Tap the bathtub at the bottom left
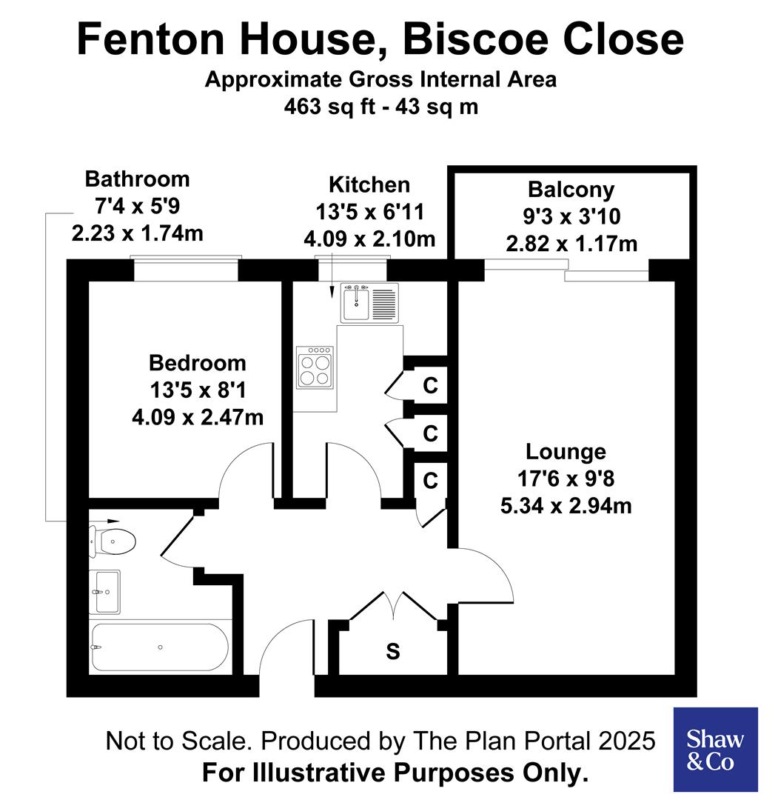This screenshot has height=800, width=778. click(x=158, y=647)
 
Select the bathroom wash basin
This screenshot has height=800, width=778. click(x=104, y=592)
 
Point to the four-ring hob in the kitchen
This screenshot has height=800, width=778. click(x=315, y=367)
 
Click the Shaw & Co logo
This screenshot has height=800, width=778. click(x=715, y=749)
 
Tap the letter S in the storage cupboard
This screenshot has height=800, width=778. click(x=393, y=651)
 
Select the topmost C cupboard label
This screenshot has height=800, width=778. click(x=430, y=386)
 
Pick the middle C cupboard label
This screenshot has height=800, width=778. click(x=430, y=433)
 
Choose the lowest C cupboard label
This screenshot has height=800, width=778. click(x=430, y=481)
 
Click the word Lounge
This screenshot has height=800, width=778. click(x=566, y=451)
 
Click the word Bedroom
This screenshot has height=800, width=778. click(x=197, y=363)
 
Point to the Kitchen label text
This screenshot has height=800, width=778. click(x=369, y=184)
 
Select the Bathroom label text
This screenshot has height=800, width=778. click(x=137, y=179)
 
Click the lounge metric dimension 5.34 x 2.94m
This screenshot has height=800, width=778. click(x=566, y=506)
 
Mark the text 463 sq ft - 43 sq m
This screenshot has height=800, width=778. click(x=381, y=107)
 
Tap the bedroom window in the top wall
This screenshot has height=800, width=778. click(x=186, y=269)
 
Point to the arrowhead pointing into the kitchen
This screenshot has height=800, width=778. click(x=331, y=296)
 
